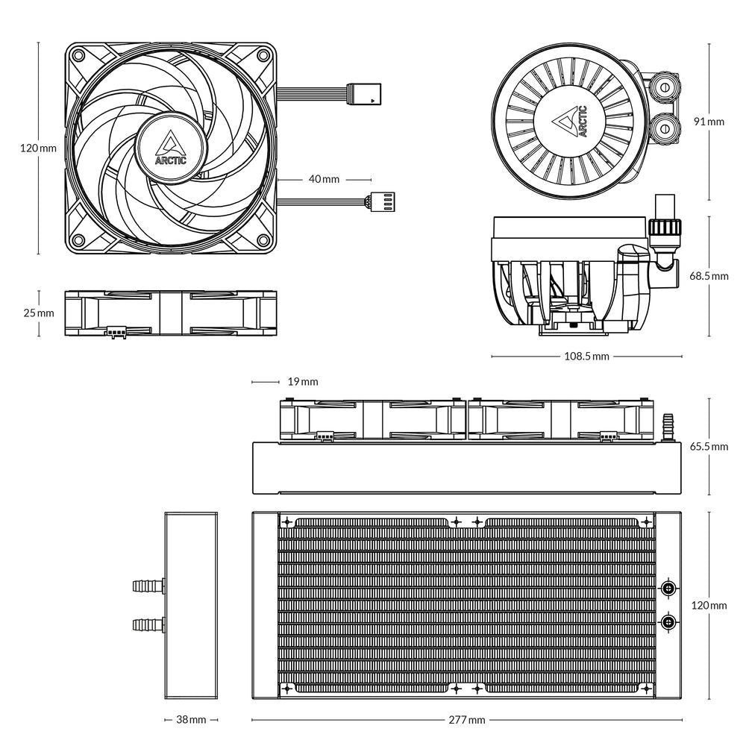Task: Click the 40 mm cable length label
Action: click(x=324, y=179)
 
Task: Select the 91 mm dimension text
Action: click(x=708, y=121)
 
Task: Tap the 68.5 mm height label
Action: click(x=709, y=276)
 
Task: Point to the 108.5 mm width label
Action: click(x=586, y=357)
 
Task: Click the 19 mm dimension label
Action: click(x=302, y=382)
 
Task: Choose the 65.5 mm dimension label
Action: click(x=709, y=447)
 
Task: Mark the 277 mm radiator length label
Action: click(x=468, y=720)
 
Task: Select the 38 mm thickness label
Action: click(x=191, y=720)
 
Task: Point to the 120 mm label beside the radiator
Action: click(x=709, y=605)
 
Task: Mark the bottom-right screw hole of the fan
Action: click(x=263, y=240)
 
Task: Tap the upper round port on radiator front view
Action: click(x=668, y=589)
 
